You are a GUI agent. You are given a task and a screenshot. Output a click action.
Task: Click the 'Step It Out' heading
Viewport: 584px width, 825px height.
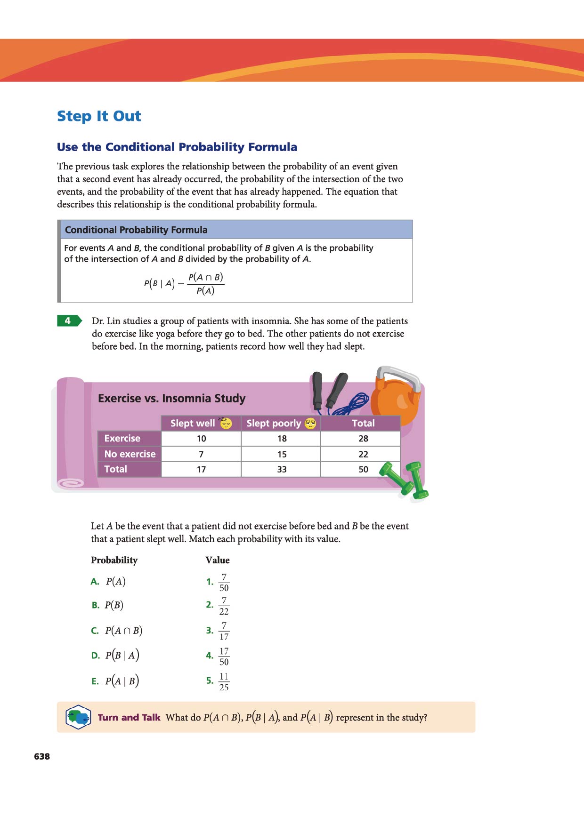[x=99, y=116]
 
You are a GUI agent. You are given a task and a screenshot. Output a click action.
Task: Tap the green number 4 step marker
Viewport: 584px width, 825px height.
[x=69, y=321]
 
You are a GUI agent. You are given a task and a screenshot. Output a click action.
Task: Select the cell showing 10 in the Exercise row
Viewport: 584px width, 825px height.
[x=201, y=439]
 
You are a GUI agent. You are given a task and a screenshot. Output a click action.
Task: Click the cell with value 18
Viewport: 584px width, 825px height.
[x=282, y=439]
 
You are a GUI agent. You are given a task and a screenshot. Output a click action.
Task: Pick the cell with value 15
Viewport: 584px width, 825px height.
[x=282, y=454]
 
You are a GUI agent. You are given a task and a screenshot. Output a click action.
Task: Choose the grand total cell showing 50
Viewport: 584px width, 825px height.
[x=363, y=469]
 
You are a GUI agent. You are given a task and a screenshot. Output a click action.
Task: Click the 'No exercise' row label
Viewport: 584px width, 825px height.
[x=130, y=454]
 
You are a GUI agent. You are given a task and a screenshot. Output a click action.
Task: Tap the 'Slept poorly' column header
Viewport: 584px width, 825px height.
[x=274, y=423]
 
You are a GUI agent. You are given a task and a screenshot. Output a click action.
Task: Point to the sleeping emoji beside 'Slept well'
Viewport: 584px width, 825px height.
[x=226, y=423]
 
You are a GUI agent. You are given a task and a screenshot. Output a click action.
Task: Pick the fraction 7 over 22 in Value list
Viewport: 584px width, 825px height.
[x=224, y=606]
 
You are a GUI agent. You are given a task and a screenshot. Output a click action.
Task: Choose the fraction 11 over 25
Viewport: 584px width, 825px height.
[x=224, y=681]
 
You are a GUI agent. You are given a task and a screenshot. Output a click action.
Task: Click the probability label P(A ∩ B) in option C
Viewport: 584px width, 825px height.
[x=123, y=631]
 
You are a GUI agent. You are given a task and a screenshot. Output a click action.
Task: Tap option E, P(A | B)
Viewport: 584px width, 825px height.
[x=122, y=681]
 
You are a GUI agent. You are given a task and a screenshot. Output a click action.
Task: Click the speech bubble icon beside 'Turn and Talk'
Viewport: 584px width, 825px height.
[x=78, y=717]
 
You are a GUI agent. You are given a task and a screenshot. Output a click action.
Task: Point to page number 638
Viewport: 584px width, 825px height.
[x=42, y=756]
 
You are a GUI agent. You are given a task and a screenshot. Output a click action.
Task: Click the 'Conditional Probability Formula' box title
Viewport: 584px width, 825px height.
[x=136, y=230]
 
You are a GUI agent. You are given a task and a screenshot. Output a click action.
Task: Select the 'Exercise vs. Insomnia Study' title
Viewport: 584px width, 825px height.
[x=171, y=398]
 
